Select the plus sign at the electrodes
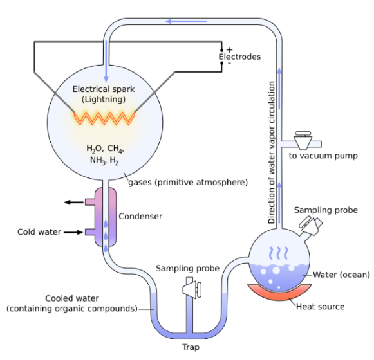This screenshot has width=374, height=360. (x=229, y=50)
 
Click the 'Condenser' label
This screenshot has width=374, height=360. (x=140, y=217)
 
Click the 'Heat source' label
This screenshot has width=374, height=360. (x=320, y=307)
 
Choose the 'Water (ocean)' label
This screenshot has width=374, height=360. (x=341, y=275)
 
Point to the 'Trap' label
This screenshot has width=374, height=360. (x=191, y=347)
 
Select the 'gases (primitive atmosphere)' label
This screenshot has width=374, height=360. (x=188, y=182)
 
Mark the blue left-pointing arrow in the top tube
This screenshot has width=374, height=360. (x=177, y=21)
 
